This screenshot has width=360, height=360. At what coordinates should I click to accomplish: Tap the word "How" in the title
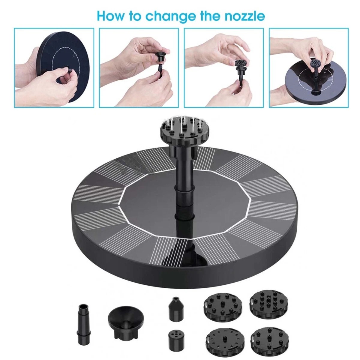coord(111,16)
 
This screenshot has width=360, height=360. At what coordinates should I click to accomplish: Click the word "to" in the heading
coord(135,16)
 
